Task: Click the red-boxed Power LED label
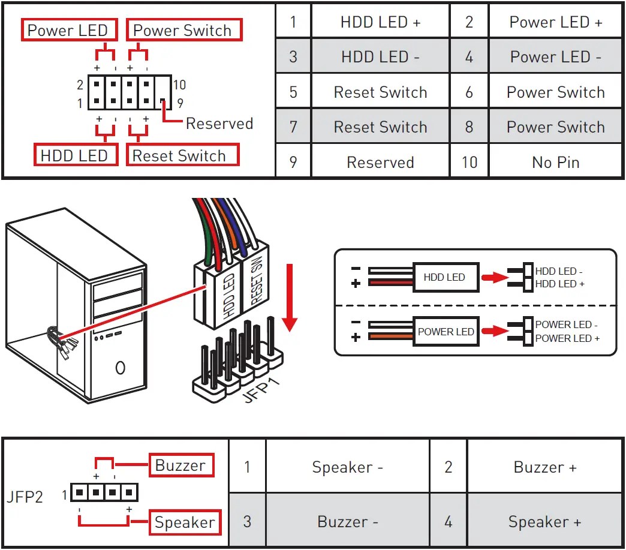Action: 68,31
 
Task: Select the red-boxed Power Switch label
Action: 182,31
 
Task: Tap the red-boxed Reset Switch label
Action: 179,156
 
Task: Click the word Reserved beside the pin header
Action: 219,124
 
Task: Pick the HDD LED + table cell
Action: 380,22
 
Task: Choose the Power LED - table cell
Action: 555,57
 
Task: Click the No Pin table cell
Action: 555,163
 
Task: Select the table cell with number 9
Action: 293,163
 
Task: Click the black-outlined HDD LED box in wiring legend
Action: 444,277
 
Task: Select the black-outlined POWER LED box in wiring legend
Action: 446,332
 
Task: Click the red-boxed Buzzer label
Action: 180,465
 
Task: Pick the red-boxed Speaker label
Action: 184,522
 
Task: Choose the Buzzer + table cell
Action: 544,467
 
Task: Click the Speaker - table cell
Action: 347,467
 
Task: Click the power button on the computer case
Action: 120,366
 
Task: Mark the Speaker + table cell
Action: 544,522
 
